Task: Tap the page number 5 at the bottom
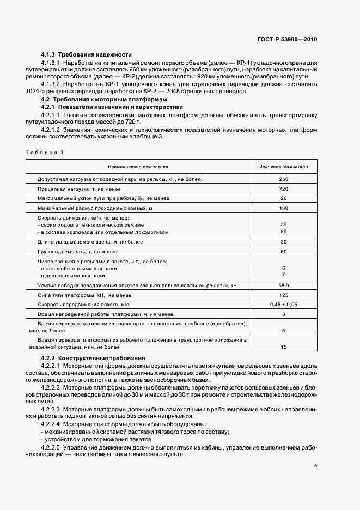coord(315,466)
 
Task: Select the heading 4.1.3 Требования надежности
coord(87,55)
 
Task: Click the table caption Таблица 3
coord(45,153)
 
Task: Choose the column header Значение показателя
coord(283,166)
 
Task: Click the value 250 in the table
coord(283,179)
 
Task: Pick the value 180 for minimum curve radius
coord(283,209)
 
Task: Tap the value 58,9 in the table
coord(283,285)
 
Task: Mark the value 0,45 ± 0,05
coord(283,305)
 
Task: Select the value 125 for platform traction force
coord(283,295)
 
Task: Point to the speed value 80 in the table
coord(283,232)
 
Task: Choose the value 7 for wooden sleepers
coord(283,275)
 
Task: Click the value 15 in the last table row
coord(283,347)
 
